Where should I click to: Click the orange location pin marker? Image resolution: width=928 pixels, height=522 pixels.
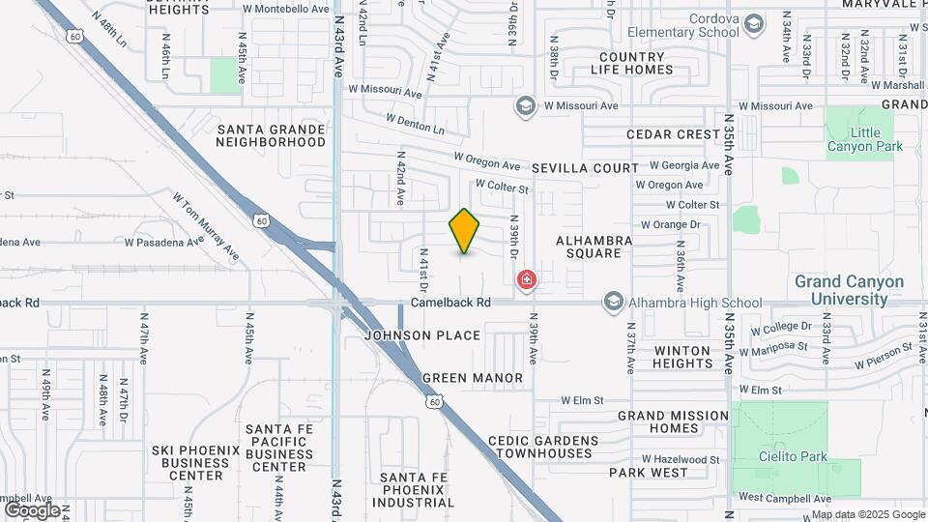tap(465, 231)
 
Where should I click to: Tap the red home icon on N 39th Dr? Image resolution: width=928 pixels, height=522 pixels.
tap(527, 281)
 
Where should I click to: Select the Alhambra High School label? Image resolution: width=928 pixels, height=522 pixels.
tap(696, 303)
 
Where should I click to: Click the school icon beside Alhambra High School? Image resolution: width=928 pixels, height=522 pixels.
tap(613, 303)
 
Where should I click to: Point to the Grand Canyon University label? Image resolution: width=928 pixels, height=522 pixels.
tap(849, 290)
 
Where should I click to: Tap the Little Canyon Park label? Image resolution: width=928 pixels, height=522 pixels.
tap(864, 139)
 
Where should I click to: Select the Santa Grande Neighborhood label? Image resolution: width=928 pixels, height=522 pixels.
tap(272, 135)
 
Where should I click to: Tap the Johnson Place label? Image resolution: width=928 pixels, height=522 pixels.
tap(422, 335)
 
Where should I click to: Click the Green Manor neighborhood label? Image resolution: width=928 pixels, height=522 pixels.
tap(473, 378)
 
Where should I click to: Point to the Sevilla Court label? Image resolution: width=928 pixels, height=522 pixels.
tap(589, 168)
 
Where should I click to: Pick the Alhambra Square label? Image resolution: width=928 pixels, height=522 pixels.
tap(594, 246)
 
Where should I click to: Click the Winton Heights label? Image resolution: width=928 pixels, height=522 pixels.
tap(683, 357)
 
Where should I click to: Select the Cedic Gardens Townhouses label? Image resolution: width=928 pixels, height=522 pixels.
tap(543, 447)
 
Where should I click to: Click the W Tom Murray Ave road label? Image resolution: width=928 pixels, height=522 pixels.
tap(206, 226)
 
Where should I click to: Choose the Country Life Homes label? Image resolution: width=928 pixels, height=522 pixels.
tap(632, 64)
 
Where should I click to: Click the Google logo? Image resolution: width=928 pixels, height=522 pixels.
tap(32, 509)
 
